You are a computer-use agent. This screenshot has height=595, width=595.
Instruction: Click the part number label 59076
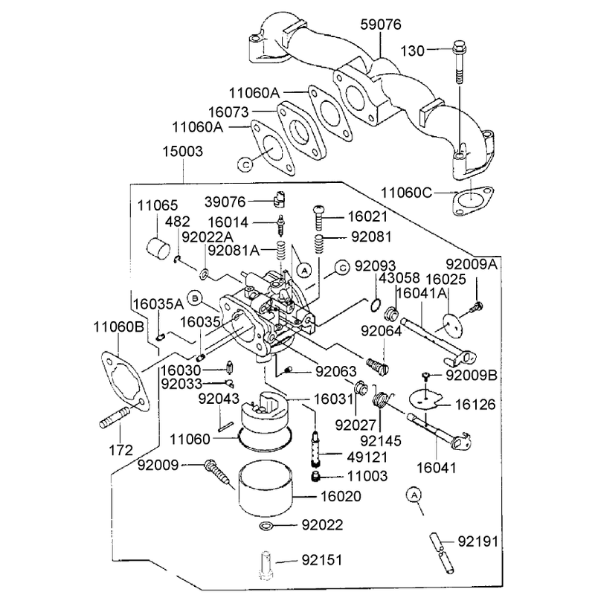click(x=381, y=25)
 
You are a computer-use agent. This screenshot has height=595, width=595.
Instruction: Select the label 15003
click(x=183, y=152)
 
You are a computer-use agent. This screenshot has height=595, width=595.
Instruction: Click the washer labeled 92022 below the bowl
click(x=266, y=526)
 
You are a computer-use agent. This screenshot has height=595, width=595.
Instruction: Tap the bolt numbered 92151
click(x=266, y=565)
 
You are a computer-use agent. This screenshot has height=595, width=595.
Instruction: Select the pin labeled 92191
click(x=442, y=553)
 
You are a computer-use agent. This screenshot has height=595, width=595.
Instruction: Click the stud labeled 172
click(x=114, y=416)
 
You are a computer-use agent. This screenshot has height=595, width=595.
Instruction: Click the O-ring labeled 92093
click(x=375, y=304)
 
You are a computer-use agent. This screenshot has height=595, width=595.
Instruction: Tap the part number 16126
click(x=475, y=405)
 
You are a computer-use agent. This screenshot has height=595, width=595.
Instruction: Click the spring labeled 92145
click(x=381, y=400)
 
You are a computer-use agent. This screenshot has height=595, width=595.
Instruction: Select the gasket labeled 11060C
click(x=473, y=201)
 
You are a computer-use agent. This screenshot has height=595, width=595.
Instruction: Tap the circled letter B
click(x=195, y=298)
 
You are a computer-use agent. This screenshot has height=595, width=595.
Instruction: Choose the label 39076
click(x=225, y=202)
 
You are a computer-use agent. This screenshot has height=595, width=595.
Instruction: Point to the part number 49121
click(x=367, y=457)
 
